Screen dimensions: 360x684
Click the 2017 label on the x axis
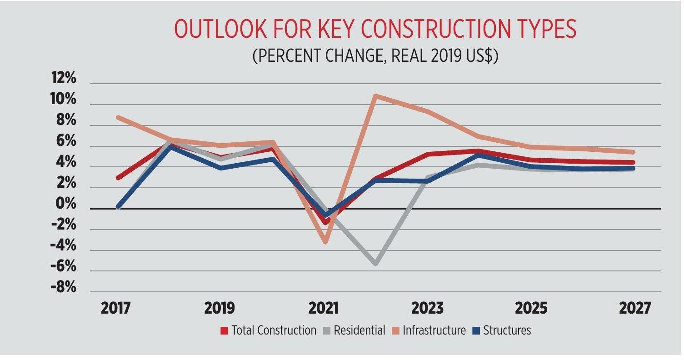click(115, 308)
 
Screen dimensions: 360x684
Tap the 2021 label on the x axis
click(323, 308)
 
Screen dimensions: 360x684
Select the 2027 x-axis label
click(634, 308)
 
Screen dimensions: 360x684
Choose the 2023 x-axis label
click(427, 308)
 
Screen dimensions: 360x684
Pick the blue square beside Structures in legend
click(475, 330)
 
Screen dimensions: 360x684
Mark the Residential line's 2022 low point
click(376, 263)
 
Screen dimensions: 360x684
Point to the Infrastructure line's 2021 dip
click(325, 241)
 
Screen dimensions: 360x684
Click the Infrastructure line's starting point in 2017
click(118, 117)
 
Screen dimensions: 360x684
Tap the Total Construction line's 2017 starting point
click(118, 177)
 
